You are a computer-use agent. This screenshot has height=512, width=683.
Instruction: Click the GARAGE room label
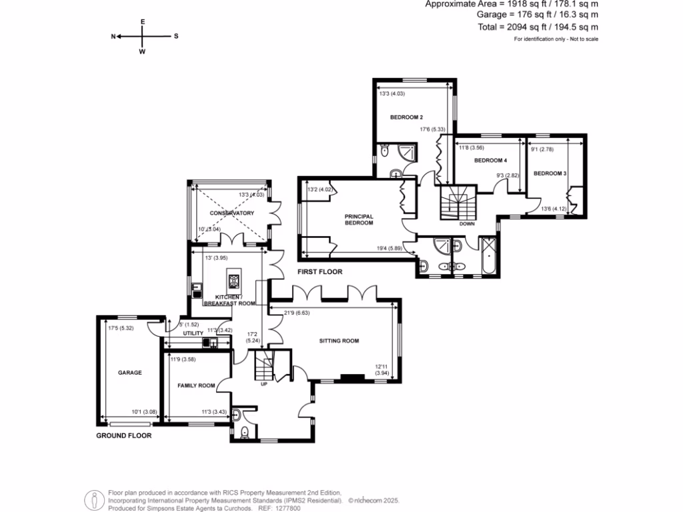130,373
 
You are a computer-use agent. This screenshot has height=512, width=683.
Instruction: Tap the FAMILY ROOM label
196,385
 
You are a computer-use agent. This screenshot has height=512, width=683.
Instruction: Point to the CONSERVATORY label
232,213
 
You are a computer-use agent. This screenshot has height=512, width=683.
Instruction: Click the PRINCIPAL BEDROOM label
359,219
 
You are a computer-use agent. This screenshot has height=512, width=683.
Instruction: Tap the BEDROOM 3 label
550,173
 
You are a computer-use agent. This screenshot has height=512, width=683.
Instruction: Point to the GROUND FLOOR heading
124,435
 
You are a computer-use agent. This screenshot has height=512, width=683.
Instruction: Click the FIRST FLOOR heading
319,272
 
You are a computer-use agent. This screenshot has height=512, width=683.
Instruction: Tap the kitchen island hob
233,279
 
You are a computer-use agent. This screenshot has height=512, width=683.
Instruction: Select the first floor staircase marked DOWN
458,203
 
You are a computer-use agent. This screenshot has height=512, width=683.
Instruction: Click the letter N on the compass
113,37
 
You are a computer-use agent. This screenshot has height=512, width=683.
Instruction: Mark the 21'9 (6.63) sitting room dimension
296,312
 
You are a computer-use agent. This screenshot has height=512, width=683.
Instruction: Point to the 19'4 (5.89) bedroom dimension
387,249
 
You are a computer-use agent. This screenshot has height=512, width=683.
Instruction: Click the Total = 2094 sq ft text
538,27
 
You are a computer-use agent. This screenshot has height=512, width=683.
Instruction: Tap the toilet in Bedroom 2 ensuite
384,152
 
